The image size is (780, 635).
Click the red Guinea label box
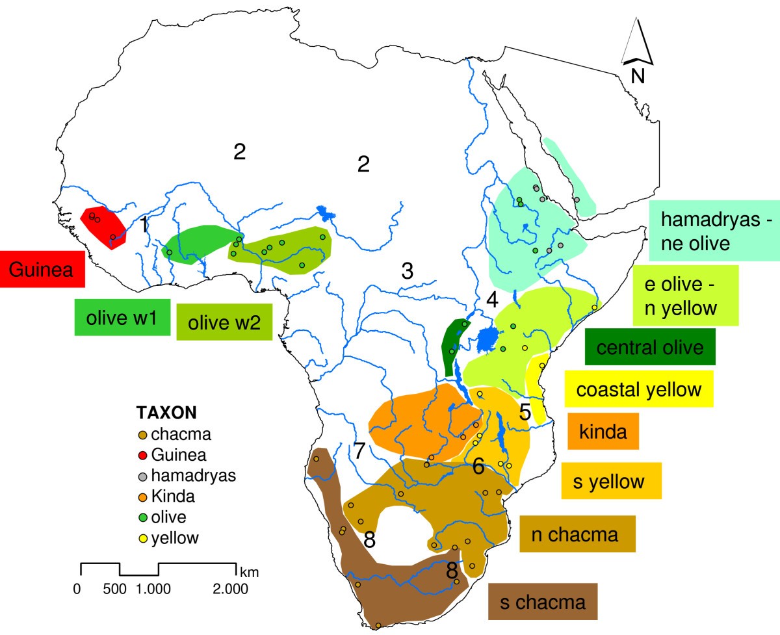pyautogui.click(x=43, y=269)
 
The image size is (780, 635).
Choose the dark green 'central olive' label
pyautogui.click(x=650, y=347)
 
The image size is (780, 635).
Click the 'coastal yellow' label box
pyautogui.click(x=639, y=389)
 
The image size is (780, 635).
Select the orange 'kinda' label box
pyautogui.click(x=603, y=431)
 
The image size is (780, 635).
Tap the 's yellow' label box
pyautogui.click(x=612, y=481)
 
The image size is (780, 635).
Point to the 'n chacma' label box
pyautogui.click(x=577, y=534)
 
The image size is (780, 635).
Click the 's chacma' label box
pyautogui.click(x=542, y=602)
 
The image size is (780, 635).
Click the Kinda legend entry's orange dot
pyautogui.click(x=142, y=497)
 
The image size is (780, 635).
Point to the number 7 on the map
pyautogui.click(x=359, y=449)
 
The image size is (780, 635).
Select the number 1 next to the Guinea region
pyautogui.click(x=144, y=225)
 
